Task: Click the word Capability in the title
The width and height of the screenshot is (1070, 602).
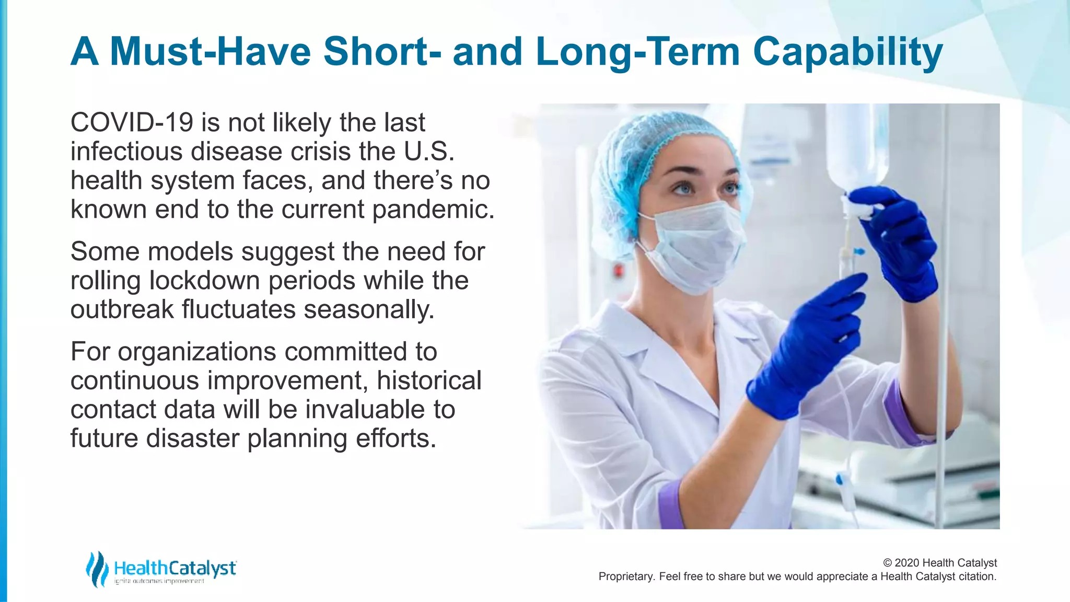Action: [847, 52]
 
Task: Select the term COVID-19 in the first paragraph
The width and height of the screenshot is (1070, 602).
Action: [132, 123]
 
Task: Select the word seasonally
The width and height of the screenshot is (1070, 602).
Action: [369, 309]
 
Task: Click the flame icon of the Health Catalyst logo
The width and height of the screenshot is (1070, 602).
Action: [97, 569]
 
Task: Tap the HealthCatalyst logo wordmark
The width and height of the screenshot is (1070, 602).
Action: [175, 568]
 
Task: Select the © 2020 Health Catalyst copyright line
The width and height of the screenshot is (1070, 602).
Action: [939, 563]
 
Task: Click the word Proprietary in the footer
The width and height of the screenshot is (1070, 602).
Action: [625, 576]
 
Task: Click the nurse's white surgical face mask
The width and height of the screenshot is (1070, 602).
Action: [695, 246]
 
